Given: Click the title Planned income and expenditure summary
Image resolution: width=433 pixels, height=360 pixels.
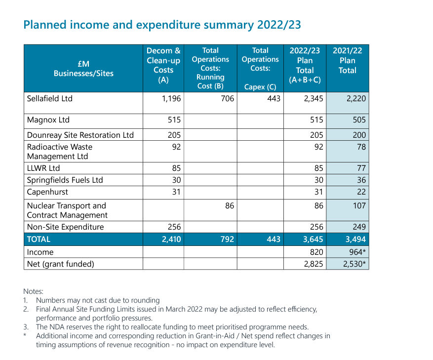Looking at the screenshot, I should click(x=162, y=25).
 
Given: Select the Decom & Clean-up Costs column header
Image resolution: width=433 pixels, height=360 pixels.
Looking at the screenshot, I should click(x=163, y=65).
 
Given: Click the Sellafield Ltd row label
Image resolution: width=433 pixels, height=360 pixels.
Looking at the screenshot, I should click(x=49, y=98).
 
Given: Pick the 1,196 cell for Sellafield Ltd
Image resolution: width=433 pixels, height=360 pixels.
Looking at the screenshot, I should click(x=171, y=98).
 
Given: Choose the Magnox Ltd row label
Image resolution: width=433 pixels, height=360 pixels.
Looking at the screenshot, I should click(x=48, y=120).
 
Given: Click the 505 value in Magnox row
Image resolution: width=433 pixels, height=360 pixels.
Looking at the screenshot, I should click(x=359, y=120).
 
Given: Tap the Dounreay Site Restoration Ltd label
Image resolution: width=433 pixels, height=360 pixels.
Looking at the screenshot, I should click(x=80, y=135).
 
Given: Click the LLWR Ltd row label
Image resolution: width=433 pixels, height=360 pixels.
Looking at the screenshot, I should click(x=43, y=168).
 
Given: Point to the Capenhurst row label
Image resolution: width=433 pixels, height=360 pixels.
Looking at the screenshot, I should click(x=47, y=192).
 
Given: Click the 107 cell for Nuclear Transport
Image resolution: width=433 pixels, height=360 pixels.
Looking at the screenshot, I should click(x=359, y=205).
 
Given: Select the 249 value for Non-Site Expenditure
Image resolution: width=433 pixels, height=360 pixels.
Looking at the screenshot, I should click(x=359, y=227).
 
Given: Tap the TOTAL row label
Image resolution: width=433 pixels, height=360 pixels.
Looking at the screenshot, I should click(x=39, y=239).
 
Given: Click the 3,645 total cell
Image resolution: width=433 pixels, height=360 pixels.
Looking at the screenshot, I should click(x=313, y=239).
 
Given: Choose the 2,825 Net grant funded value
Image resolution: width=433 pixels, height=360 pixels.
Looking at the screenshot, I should click(x=313, y=264).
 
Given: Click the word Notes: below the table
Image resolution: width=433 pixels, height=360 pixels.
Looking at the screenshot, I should click(x=34, y=291).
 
